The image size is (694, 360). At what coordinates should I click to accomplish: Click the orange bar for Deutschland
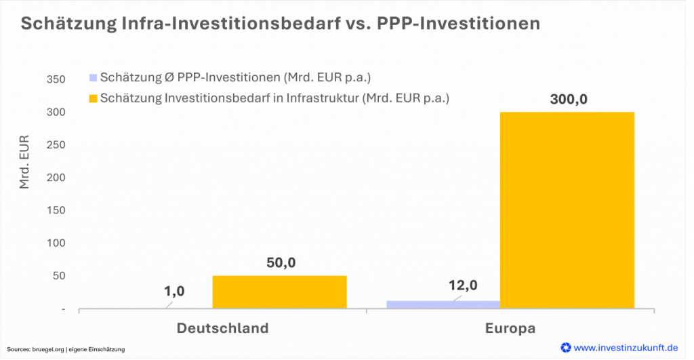click(x=279, y=292)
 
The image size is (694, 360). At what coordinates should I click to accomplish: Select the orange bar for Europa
click(x=567, y=210)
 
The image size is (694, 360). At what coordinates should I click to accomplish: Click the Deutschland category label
click(x=222, y=328)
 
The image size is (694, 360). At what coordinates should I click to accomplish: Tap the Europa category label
click(x=510, y=328)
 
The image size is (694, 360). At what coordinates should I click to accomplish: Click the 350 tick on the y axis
click(x=56, y=80)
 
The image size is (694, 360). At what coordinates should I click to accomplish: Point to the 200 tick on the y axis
click(x=56, y=178)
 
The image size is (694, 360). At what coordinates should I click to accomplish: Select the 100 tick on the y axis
click(x=56, y=243)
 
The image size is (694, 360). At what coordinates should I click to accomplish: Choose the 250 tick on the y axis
click(x=56, y=145)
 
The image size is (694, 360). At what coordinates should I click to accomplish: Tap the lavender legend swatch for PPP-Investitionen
click(x=93, y=77)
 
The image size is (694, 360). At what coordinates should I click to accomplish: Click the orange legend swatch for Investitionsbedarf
click(x=93, y=98)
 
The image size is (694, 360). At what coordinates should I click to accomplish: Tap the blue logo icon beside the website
click(x=565, y=347)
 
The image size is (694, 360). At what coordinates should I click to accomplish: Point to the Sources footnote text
click(x=66, y=349)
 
